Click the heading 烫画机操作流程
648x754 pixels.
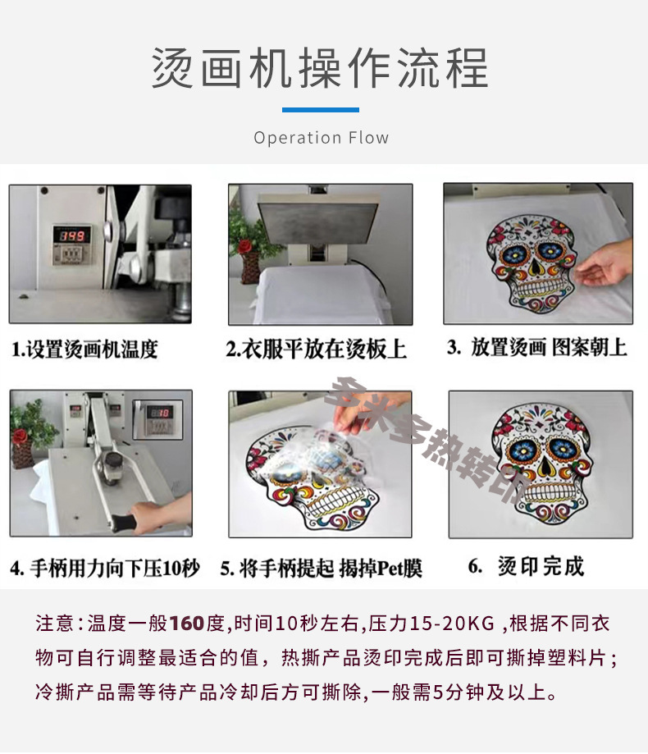320,68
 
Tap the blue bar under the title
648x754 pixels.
321,110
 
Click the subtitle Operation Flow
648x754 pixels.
321,138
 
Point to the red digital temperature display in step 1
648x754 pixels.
71,235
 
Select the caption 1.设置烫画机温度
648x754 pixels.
84,349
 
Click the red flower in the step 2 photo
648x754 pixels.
244,247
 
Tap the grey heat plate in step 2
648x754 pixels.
319,220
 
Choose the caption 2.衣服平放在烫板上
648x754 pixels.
317,349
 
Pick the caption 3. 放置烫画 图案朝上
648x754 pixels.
537,347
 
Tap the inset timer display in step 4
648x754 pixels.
158,418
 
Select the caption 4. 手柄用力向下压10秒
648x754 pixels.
105,568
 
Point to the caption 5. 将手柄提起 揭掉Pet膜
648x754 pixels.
321,568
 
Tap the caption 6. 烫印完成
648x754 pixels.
527,566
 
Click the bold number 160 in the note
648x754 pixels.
187,624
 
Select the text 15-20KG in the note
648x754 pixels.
452,624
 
